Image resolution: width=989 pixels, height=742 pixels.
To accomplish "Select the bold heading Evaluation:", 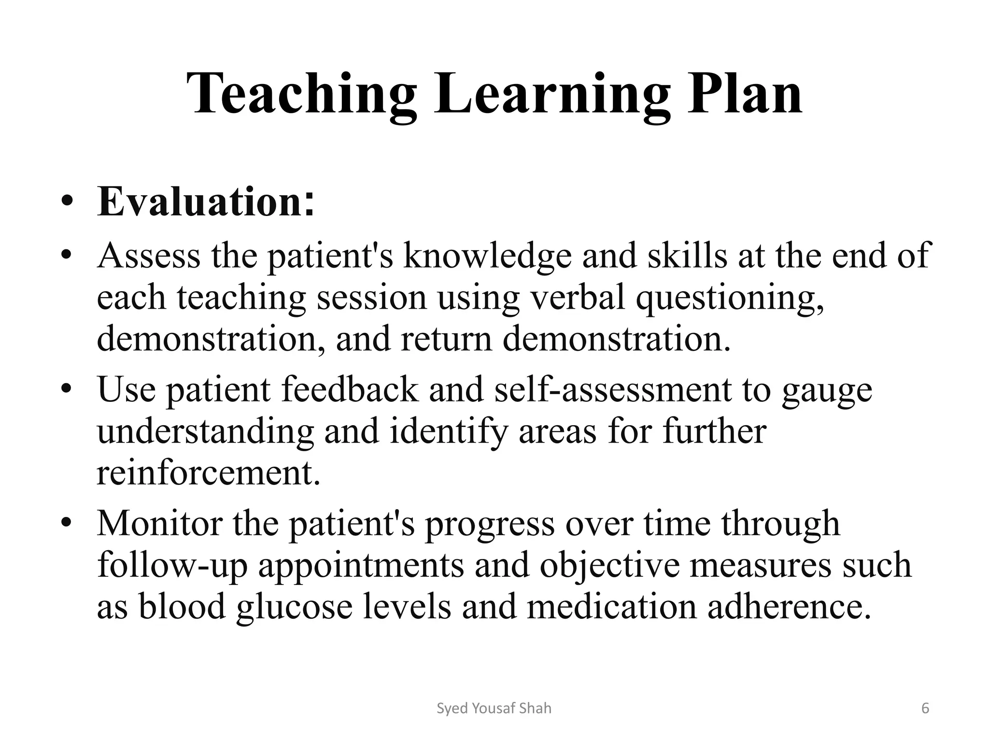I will click(x=206, y=201).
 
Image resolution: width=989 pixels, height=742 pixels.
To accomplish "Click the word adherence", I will click(x=790, y=606).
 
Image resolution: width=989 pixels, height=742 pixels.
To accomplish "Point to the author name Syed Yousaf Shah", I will click(x=494, y=709).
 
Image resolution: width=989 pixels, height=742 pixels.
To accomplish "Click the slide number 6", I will click(x=925, y=709).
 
